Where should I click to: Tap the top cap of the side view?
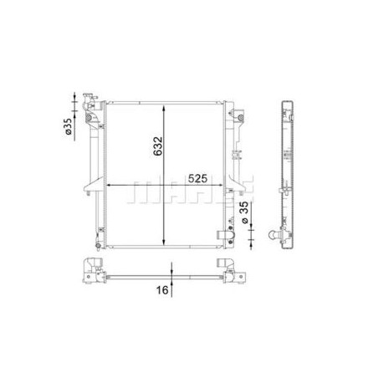coord(286,104)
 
